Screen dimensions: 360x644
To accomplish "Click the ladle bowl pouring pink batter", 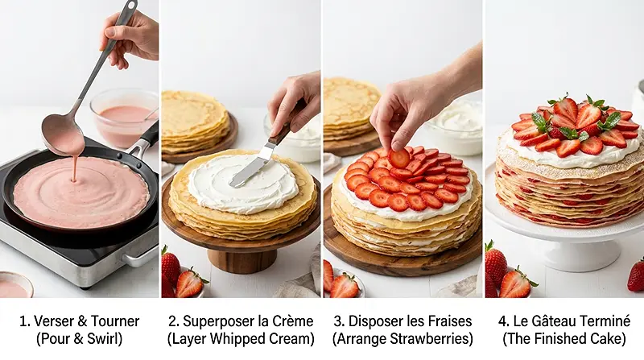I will tap(63, 133).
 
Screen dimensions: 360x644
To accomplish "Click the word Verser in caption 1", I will tap(50, 321).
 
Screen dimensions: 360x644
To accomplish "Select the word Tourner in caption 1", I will tap(114, 321).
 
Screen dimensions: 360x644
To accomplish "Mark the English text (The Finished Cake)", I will tap(563, 339).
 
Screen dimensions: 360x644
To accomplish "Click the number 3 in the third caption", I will tap(344, 321).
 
